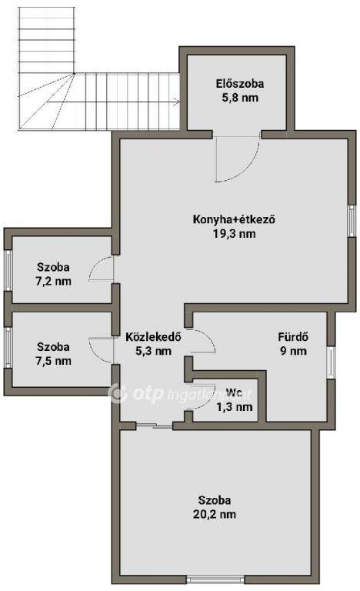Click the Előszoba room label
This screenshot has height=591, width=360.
point(240,84)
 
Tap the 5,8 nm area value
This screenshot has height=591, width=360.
point(240,98)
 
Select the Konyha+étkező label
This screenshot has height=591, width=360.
point(234,219)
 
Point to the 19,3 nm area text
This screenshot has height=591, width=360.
point(234,234)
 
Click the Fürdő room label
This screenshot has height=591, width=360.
point(293,336)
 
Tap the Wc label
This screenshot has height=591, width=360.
point(234,392)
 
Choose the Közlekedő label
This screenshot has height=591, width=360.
point(153,336)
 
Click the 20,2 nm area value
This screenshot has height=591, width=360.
point(215,515)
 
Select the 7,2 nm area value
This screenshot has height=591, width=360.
point(54,282)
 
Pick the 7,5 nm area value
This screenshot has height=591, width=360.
point(54,361)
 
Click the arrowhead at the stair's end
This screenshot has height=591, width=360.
point(176,101)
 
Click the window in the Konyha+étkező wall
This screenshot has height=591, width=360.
point(352,221)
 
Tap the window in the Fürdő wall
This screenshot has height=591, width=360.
point(330,362)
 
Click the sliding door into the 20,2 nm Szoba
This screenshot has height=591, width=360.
point(154,426)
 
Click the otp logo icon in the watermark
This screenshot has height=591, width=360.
point(118,394)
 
